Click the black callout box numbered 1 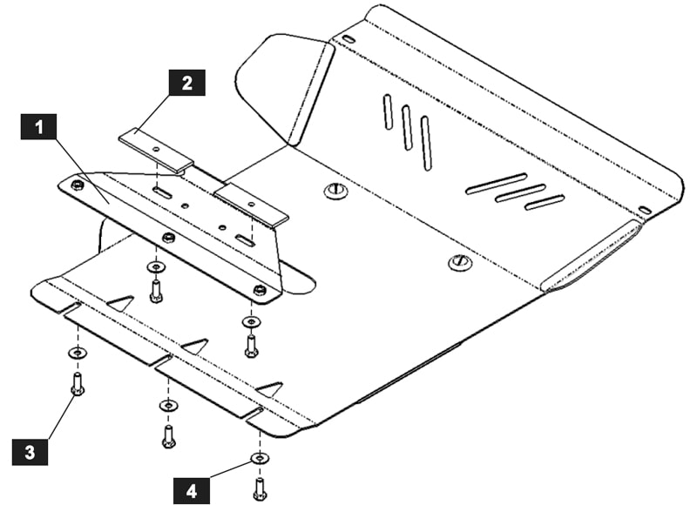38,128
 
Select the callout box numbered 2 186,84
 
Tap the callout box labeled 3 30,452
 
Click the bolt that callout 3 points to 78,383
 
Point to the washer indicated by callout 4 259,458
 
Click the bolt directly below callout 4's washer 259,488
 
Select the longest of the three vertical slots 426,142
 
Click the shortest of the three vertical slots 388,112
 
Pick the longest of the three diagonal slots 496,184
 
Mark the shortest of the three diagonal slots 545,202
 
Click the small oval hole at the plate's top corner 348,40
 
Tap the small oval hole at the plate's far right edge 645,210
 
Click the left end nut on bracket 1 78,185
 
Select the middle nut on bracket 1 168,237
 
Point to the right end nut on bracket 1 259,289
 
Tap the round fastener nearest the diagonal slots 459,261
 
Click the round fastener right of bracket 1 335,191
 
